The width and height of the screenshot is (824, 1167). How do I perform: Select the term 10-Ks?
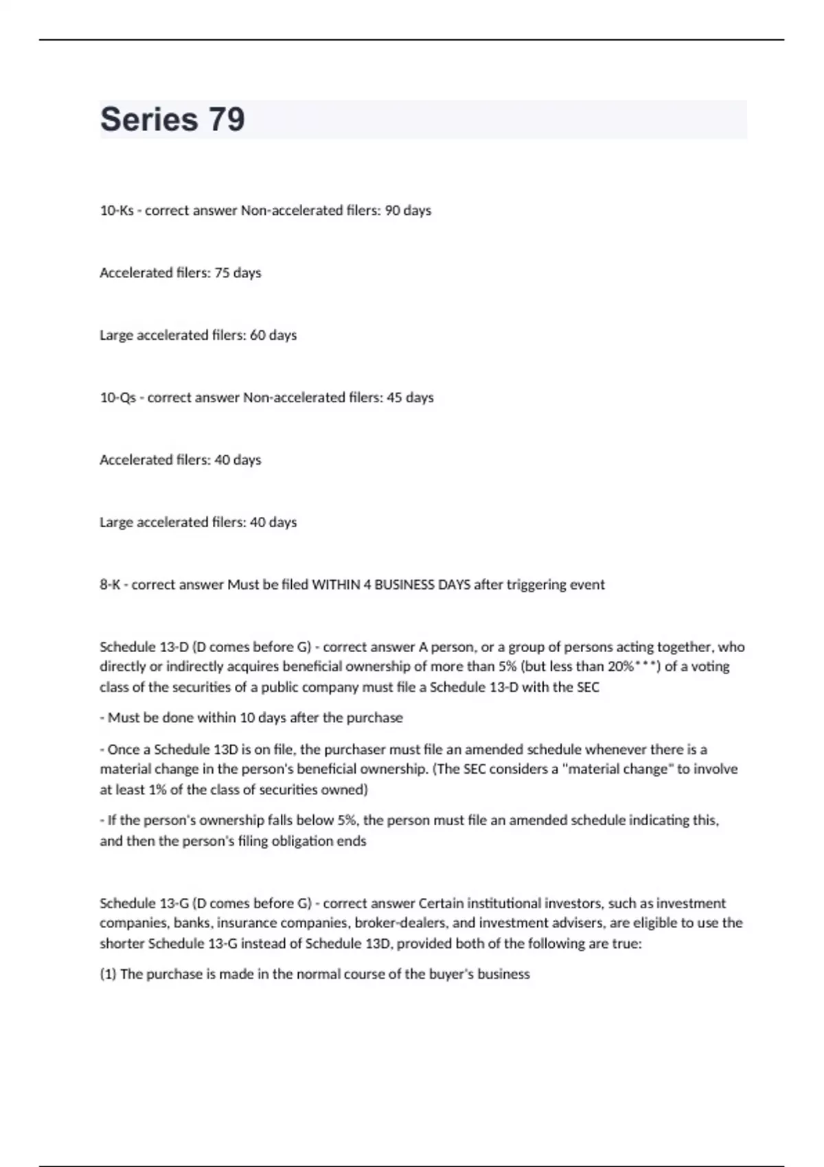pos(117,211)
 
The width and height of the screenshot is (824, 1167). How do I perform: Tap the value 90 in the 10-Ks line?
pos(392,211)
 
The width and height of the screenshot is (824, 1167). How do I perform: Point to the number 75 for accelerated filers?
pos(222,273)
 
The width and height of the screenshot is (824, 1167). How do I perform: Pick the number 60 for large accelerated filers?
pos(257,336)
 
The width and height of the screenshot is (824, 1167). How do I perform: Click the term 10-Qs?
pos(118,398)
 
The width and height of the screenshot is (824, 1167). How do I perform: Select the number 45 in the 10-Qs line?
pos(394,398)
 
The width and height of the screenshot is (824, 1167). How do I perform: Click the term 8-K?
pos(110,585)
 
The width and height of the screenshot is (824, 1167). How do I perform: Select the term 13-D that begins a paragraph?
pos(174,647)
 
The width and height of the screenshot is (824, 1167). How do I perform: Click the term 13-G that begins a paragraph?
pos(174,903)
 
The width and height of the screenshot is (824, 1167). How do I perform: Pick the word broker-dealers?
pos(400,923)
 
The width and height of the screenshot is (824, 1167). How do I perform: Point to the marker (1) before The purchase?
pos(108,975)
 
